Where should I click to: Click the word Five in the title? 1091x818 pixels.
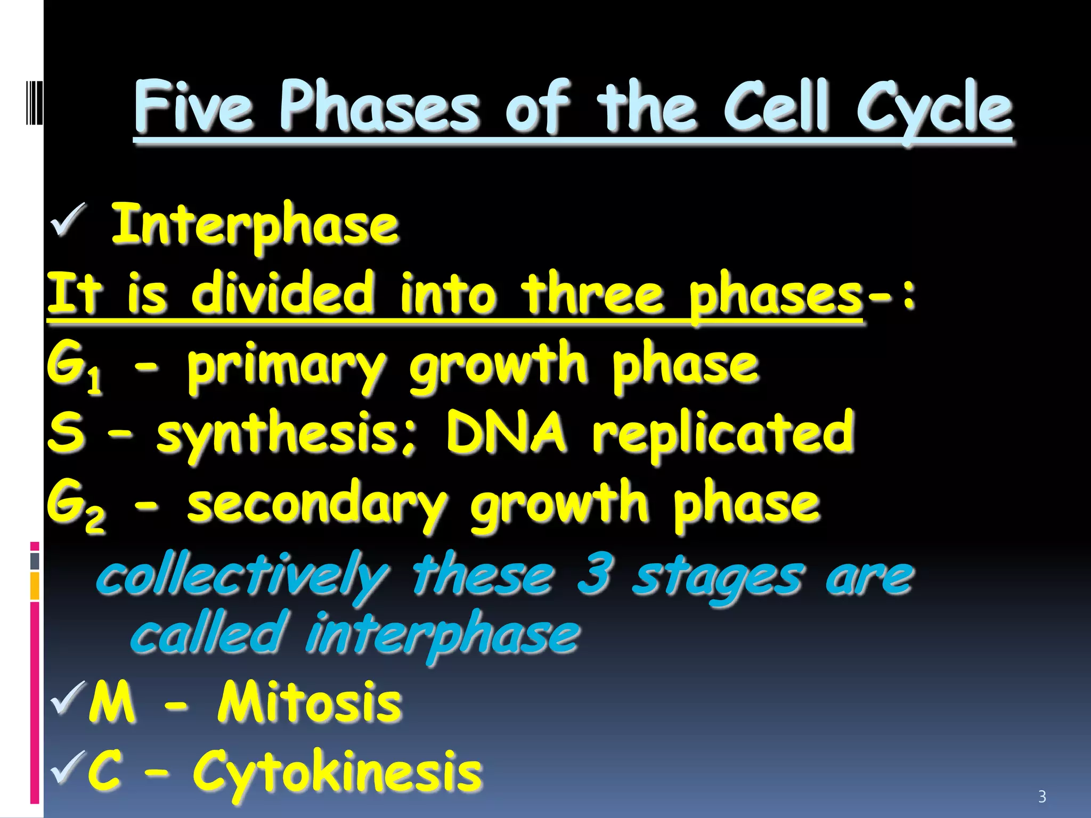(x=193, y=107)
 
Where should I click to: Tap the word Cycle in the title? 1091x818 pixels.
(x=934, y=109)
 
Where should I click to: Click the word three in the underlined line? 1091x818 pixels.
(x=592, y=294)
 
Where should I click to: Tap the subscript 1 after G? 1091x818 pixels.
(x=95, y=381)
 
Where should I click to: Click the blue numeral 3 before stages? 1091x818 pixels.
(x=594, y=575)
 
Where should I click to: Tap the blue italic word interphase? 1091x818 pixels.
(x=442, y=635)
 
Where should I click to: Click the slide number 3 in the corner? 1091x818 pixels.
(x=1042, y=797)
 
